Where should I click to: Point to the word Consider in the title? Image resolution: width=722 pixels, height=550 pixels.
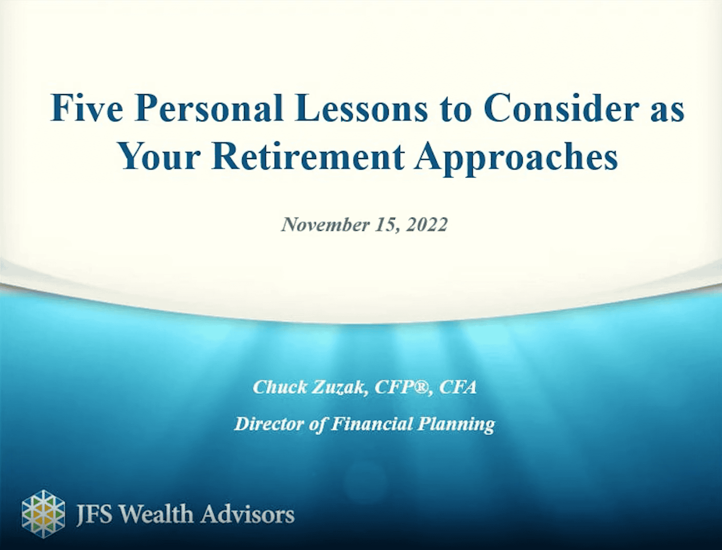point(561,108)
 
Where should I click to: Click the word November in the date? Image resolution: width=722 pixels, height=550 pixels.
point(325,225)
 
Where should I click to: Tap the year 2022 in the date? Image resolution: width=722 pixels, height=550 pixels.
point(427,225)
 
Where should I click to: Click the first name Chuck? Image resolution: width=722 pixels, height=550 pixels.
point(279,387)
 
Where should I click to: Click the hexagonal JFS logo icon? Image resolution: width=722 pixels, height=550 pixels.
point(43,514)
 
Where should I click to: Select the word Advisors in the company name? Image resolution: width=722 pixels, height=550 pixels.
point(247,514)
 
